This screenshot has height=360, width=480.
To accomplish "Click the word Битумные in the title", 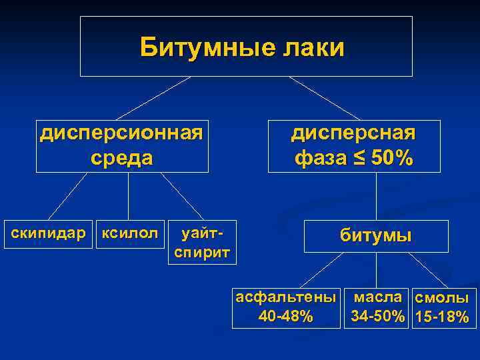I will tap(199, 48).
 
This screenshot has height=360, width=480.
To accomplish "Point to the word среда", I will tap(121, 158).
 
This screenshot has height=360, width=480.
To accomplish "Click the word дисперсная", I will tap(353, 132).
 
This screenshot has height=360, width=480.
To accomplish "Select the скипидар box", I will tap(49, 233).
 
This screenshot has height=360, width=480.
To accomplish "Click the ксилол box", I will tap(129, 233).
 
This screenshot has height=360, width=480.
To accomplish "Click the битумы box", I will tap(376, 235).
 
